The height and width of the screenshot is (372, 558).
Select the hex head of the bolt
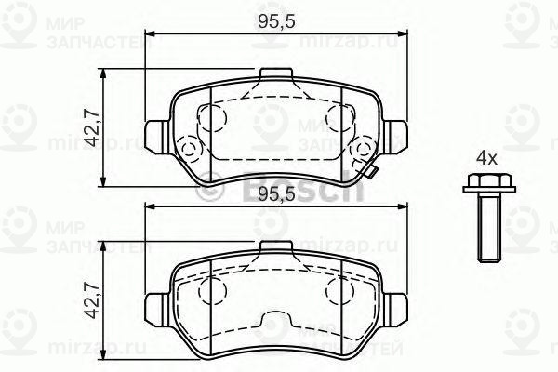(x=485, y=184)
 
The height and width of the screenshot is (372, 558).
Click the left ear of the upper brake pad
(x=156, y=131)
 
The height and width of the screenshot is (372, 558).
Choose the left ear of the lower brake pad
(x=156, y=304)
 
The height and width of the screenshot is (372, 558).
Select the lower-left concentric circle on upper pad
(x=191, y=149)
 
